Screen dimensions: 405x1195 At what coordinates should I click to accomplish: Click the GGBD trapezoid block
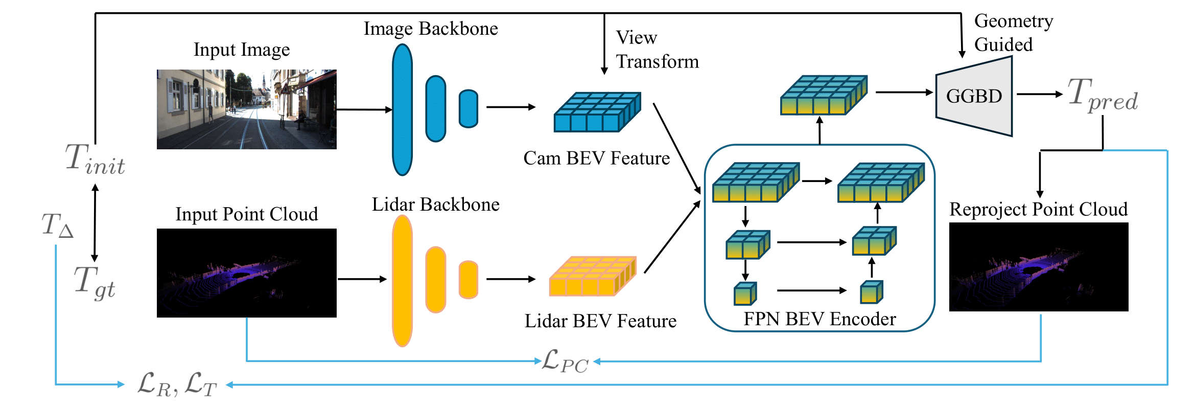[x=973, y=96]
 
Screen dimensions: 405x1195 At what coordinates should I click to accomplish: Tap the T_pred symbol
[x=1102, y=95]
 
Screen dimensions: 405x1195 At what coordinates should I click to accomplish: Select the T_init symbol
[x=95, y=160]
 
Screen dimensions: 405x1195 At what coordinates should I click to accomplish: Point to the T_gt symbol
[x=94, y=282]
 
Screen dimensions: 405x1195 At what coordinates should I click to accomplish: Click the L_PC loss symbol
[x=565, y=361]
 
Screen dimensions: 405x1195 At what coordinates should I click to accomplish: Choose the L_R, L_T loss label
[x=177, y=385]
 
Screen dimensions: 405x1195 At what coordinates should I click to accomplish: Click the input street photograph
[x=246, y=109]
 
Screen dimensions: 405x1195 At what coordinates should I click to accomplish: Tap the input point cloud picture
[x=246, y=273]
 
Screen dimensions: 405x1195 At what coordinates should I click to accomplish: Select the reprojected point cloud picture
[x=1038, y=267]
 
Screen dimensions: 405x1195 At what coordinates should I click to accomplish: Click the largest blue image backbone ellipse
[x=402, y=109]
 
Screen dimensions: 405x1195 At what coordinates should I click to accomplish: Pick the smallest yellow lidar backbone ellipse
[x=468, y=280]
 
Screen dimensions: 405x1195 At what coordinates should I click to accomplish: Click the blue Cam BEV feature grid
[x=597, y=111]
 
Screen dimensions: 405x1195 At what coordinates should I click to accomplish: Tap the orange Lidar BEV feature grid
[x=593, y=276]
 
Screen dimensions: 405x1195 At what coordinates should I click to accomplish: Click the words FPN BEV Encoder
[x=819, y=319]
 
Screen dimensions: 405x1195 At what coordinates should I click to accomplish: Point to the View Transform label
[x=656, y=50]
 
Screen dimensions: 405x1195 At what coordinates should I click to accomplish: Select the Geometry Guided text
[x=1013, y=33]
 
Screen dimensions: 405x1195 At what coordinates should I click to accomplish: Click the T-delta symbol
[x=57, y=226]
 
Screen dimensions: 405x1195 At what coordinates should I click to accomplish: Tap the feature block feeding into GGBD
[x=823, y=95]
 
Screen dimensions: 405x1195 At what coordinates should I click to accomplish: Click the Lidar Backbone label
[x=435, y=205]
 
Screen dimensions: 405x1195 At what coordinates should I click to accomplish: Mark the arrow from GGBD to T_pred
[x=1039, y=94]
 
